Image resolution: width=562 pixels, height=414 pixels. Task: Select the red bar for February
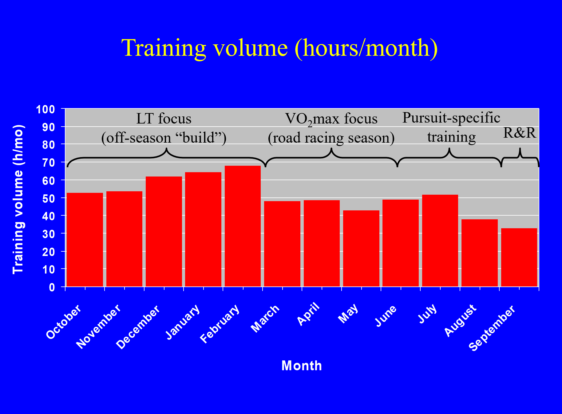243,226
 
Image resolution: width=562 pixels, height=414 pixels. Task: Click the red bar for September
519,258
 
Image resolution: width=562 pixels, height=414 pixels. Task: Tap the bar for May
361,249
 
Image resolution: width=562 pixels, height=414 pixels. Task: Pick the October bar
85,240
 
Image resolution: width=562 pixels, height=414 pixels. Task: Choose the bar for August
480,253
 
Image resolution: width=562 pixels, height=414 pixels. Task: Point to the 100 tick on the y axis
46,109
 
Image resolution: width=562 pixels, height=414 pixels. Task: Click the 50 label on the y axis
49,198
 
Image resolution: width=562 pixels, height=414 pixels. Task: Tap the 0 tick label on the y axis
52,287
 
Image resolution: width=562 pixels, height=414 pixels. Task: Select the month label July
427,313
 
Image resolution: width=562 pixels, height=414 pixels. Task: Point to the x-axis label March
265,319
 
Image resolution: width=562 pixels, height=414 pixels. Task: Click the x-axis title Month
302,366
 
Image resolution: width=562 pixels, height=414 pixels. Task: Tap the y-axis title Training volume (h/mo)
18,199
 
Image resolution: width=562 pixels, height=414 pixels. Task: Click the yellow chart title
279,48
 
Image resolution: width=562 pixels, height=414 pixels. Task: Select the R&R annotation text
520,133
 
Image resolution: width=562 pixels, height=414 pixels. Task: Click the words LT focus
164,119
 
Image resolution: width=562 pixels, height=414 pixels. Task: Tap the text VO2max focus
331,119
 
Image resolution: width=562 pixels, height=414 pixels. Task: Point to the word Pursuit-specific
451,118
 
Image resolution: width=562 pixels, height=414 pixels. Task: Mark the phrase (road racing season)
331,138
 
